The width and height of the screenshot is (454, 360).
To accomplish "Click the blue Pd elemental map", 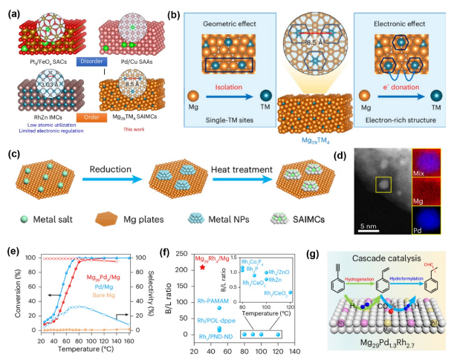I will pyautogui.click(x=429, y=213).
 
